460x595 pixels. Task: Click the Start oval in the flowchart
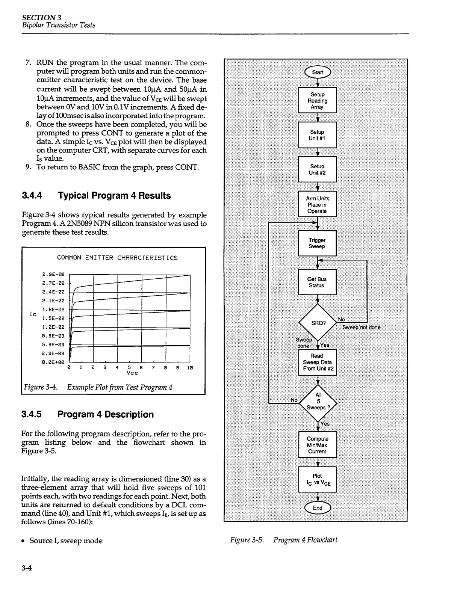(317, 72)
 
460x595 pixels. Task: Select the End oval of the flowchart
(318, 508)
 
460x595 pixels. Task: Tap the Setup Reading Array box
(317, 101)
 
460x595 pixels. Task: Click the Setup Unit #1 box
(317, 135)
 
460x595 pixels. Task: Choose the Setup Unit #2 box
(317, 169)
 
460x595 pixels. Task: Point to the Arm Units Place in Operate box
(317, 205)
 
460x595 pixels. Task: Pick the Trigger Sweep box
(317, 243)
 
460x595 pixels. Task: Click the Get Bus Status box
(317, 282)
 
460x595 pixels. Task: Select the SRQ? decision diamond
(318, 323)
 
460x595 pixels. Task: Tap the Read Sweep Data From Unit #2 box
(318, 362)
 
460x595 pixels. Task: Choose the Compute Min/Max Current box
(318, 445)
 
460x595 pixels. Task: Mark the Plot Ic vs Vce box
(318, 480)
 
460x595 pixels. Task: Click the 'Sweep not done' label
(361, 328)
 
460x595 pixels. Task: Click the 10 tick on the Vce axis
(191, 367)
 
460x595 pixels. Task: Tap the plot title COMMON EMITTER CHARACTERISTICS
(117, 258)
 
